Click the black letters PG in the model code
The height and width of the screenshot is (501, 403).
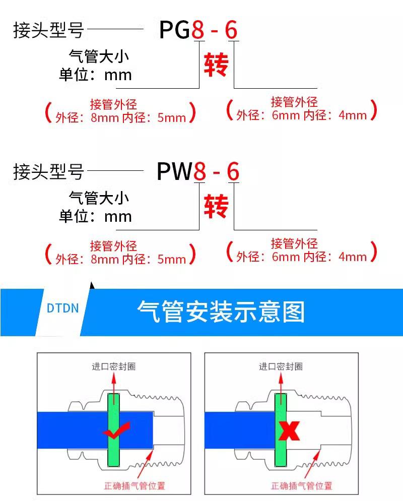click(175, 30)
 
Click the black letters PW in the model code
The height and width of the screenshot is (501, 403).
click(175, 171)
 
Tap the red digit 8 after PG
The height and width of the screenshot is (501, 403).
click(198, 30)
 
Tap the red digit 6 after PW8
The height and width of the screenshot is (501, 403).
click(233, 171)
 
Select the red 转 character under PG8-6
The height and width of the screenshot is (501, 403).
click(216, 65)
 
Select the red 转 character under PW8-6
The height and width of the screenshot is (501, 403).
click(216, 206)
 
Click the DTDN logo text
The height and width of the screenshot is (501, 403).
click(62, 308)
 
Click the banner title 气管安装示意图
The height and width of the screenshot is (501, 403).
click(221, 311)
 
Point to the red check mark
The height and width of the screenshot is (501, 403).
click(117, 430)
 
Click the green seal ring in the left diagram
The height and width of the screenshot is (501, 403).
click(114, 430)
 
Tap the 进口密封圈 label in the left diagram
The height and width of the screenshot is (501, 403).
click(114, 366)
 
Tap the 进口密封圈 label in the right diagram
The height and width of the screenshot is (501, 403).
click(281, 366)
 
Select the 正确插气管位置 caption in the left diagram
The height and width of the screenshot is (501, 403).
click(135, 486)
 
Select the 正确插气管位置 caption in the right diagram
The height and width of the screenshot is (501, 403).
click(301, 486)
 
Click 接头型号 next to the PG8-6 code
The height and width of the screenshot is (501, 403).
click(48, 30)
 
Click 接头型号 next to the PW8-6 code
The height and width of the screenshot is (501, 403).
click(48, 171)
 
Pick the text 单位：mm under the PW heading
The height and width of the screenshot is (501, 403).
click(95, 216)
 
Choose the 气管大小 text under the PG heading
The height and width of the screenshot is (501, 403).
click(99, 56)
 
